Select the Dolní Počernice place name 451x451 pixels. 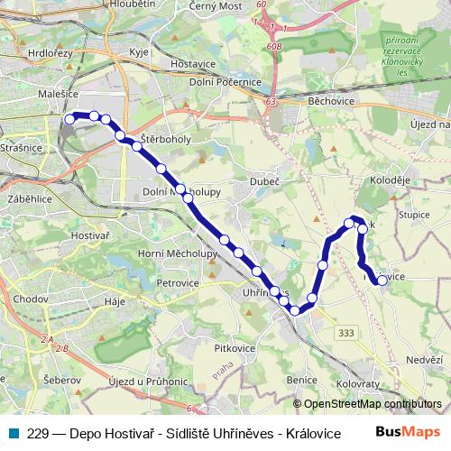[225, 82]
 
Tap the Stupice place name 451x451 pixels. [416, 216]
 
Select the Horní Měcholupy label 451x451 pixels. [178, 253]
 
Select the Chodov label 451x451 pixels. [31, 298]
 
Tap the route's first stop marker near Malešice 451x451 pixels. [70, 117]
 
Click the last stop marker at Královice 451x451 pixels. [382, 281]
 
